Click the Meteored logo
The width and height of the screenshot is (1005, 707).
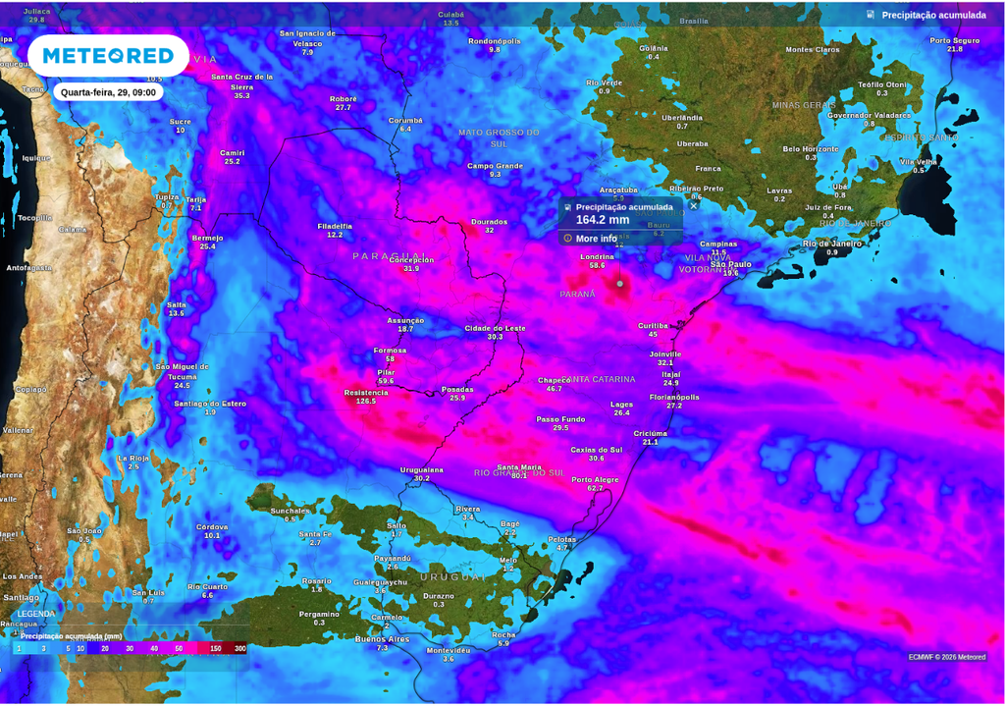click(x=108, y=56)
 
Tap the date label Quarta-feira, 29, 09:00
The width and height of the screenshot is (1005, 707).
click(x=108, y=92)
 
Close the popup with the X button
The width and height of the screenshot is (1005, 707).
click(x=694, y=205)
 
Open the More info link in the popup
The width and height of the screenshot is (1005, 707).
click(x=596, y=239)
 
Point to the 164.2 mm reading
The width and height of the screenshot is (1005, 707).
click(x=602, y=220)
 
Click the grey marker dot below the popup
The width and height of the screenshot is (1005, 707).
click(x=619, y=284)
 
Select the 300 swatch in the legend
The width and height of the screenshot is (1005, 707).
click(x=240, y=648)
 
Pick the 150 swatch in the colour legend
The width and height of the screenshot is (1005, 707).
click(x=215, y=648)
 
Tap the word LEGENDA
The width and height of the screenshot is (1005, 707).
click(x=36, y=615)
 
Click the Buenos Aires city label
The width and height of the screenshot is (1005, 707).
click(x=383, y=638)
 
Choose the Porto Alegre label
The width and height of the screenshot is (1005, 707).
click(x=595, y=479)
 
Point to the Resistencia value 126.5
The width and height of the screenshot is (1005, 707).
click(x=366, y=401)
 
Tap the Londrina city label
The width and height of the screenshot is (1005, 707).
click(x=597, y=256)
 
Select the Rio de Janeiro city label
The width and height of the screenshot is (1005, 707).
click(x=832, y=243)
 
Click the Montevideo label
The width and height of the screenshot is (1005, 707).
click(x=449, y=650)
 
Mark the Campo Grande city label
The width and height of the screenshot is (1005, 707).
click(x=495, y=165)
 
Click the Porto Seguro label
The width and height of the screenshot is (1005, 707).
click(x=955, y=40)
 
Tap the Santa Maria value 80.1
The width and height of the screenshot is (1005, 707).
click(x=519, y=475)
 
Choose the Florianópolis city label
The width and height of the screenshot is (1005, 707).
click(x=674, y=397)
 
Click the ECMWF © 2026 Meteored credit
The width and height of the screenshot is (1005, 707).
click(x=946, y=657)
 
